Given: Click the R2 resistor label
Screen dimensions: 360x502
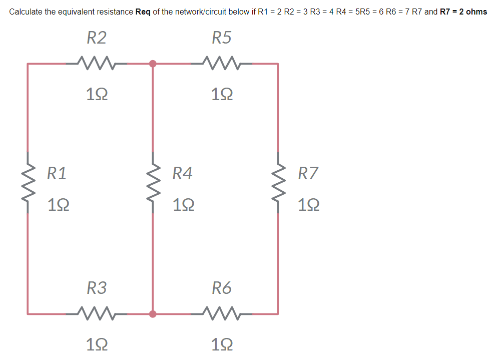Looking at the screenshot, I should [x=96, y=38].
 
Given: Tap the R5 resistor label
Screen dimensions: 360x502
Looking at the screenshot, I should [x=222, y=38].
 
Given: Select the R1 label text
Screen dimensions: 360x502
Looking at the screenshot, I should [x=57, y=174].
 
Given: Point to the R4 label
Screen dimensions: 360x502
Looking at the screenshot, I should [x=182, y=174].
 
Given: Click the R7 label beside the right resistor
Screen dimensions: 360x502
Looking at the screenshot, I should [x=308, y=174].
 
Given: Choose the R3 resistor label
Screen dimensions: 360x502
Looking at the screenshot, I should [x=96, y=288].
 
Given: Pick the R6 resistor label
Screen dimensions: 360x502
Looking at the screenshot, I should [x=222, y=288].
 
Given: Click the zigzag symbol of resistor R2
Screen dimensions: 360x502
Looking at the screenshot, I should [x=96, y=64].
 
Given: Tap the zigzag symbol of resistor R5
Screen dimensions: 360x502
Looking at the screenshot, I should [x=222, y=64].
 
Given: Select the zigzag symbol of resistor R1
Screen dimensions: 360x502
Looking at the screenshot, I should [x=28, y=189].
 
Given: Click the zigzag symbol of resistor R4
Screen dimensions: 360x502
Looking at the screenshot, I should [x=153, y=189].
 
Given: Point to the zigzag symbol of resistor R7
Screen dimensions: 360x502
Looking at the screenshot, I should [x=278, y=189].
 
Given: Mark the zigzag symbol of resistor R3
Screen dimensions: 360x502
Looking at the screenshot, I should [x=96, y=314].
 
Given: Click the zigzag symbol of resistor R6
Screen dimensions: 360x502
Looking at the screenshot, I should [x=222, y=314].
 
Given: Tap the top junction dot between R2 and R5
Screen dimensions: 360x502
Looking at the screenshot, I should [x=153, y=64].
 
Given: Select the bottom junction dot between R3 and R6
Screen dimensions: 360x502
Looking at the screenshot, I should [x=153, y=314].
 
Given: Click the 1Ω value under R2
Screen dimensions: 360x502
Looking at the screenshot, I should [x=96, y=94].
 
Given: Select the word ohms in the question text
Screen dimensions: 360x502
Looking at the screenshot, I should [x=476, y=12].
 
